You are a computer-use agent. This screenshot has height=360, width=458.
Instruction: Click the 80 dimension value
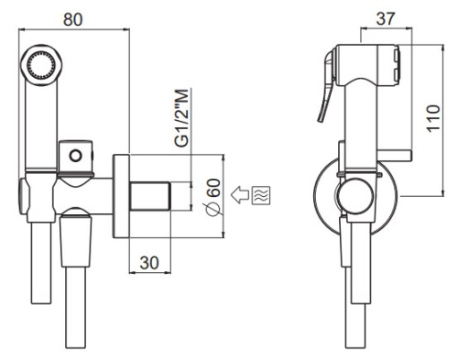(x=73, y=19)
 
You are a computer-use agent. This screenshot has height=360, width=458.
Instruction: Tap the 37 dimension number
(x=386, y=19)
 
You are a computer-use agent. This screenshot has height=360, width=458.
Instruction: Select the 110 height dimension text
(x=433, y=119)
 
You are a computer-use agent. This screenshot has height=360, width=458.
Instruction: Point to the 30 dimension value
(x=149, y=262)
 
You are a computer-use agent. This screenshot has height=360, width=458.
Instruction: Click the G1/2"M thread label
(x=181, y=118)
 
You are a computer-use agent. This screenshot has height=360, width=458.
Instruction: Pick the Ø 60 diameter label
(x=213, y=197)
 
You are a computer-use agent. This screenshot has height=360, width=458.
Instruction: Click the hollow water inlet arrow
(x=240, y=195)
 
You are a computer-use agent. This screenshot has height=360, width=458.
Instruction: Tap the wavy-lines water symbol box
(x=261, y=195)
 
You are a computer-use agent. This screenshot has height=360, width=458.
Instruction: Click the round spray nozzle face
(x=41, y=65)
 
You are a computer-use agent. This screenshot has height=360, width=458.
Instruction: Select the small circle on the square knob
(x=75, y=156)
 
